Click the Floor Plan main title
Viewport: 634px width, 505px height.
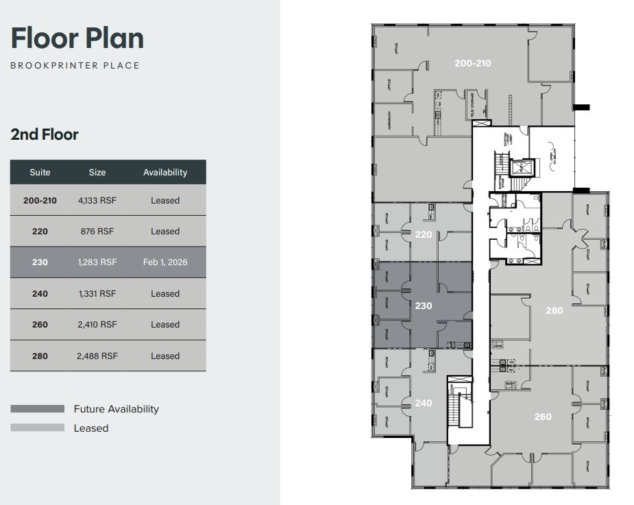tap(77, 38)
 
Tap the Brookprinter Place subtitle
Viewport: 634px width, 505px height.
tap(75, 66)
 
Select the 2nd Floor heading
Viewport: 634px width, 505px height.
tap(45, 134)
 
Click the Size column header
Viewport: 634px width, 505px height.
tap(97, 173)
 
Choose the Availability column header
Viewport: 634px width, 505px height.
tap(165, 173)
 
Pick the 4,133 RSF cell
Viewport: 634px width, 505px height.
tap(97, 201)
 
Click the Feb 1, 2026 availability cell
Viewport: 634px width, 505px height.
tap(165, 262)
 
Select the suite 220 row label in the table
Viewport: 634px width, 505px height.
tap(40, 232)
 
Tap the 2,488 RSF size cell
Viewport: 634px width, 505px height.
tap(97, 356)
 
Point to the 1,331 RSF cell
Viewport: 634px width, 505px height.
tap(97, 294)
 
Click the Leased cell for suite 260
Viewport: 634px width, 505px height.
tap(165, 325)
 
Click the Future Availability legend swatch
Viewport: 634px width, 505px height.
tap(38, 409)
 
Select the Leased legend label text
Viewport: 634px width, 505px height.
tap(91, 428)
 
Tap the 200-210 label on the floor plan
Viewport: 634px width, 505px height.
tap(473, 63)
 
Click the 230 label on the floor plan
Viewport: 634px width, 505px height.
tap(424, 306)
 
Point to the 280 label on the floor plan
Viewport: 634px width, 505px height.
tap(554, 310)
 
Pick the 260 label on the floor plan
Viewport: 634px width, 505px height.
tap(542, 417)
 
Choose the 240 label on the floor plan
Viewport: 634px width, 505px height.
tap(424, 403)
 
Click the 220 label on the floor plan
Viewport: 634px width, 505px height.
tap(424, 234)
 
